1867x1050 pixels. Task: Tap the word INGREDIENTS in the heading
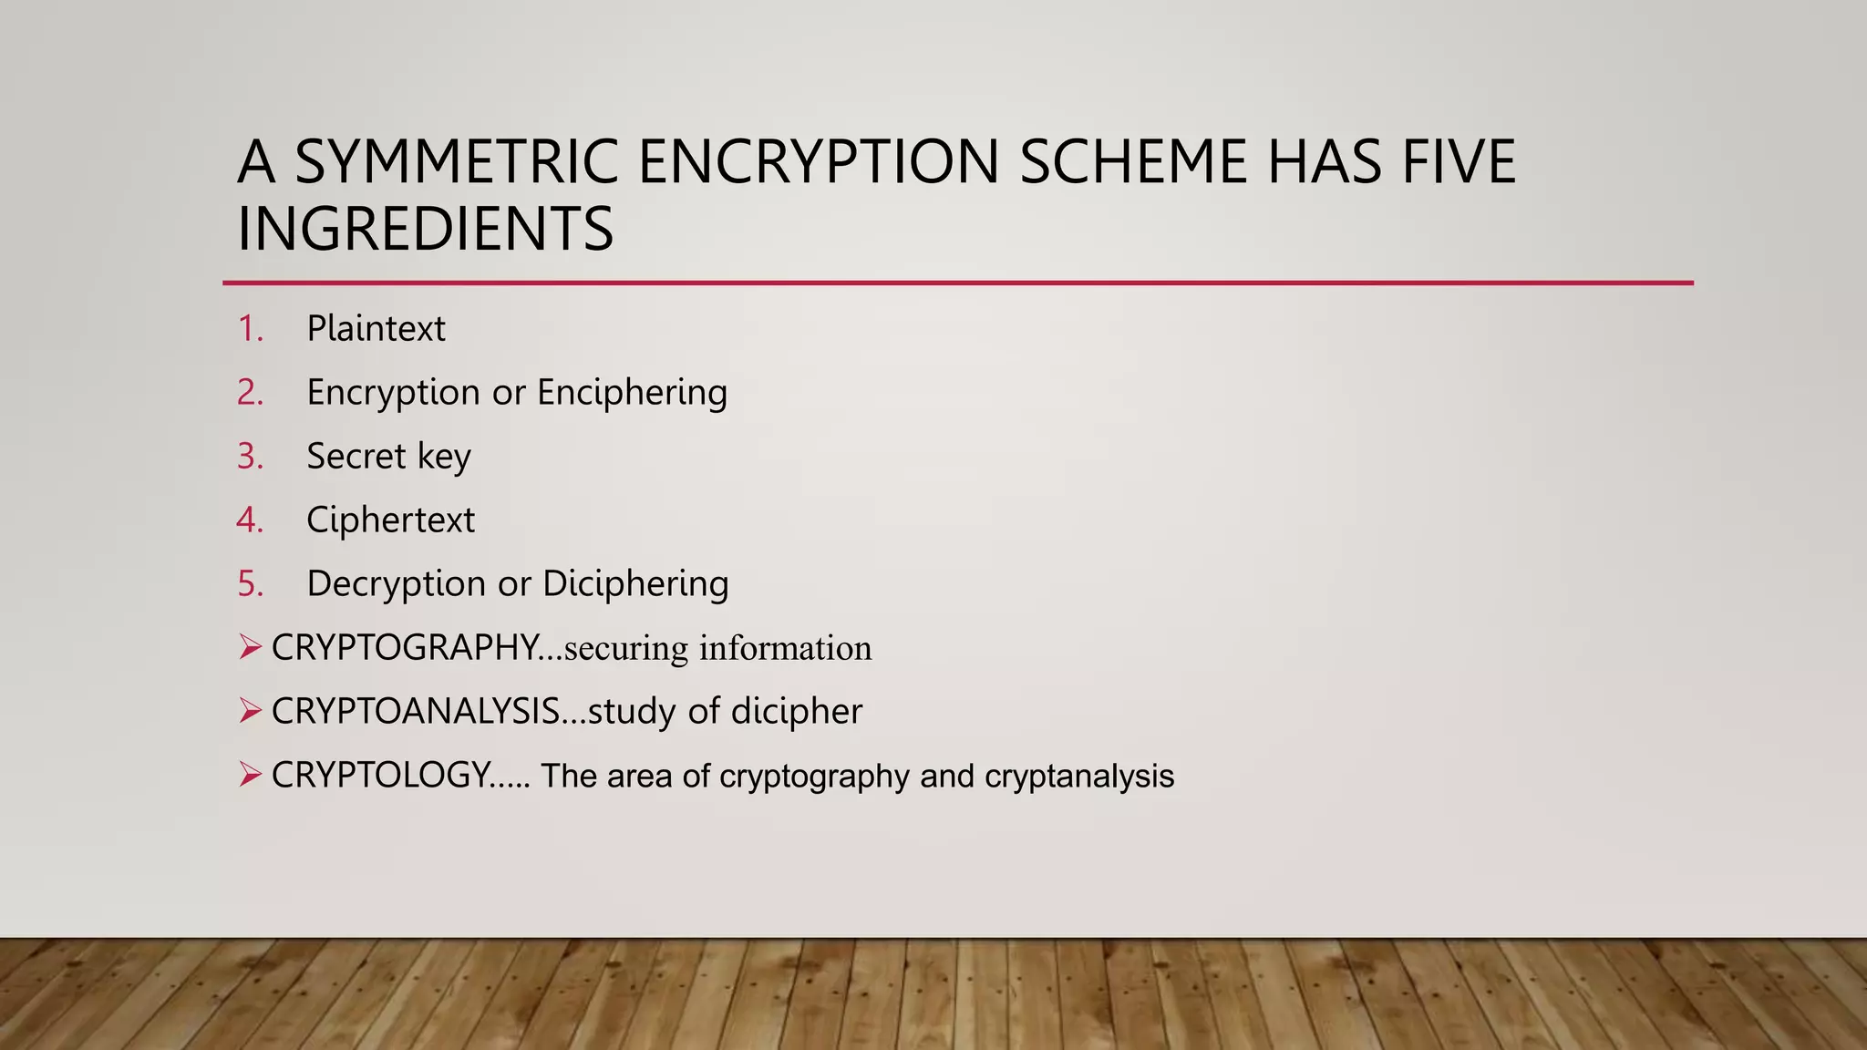click(425, 229)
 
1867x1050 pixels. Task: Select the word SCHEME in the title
click(1132, 161)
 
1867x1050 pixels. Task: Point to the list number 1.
click(250, 329)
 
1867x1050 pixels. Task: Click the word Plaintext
click(376, 329)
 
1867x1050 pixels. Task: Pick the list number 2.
click(250, 393)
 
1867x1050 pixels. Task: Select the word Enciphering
click(632, 393)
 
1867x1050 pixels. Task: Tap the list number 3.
click(250, 457)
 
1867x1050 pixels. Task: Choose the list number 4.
click(250, 520)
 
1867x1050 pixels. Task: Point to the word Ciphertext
click(390, 520)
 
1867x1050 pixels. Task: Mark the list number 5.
click(250, 584)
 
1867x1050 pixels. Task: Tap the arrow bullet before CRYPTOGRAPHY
click(250, 648)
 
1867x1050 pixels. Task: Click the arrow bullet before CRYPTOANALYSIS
click(250, 711)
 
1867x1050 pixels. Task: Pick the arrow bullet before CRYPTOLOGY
click(250, 776)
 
